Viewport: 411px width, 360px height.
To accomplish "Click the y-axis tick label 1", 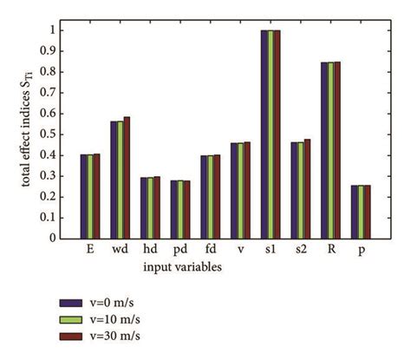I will [57, 29].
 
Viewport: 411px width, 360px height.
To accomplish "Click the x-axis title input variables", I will [182, 266].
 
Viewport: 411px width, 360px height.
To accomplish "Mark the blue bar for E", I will [82, 196].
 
